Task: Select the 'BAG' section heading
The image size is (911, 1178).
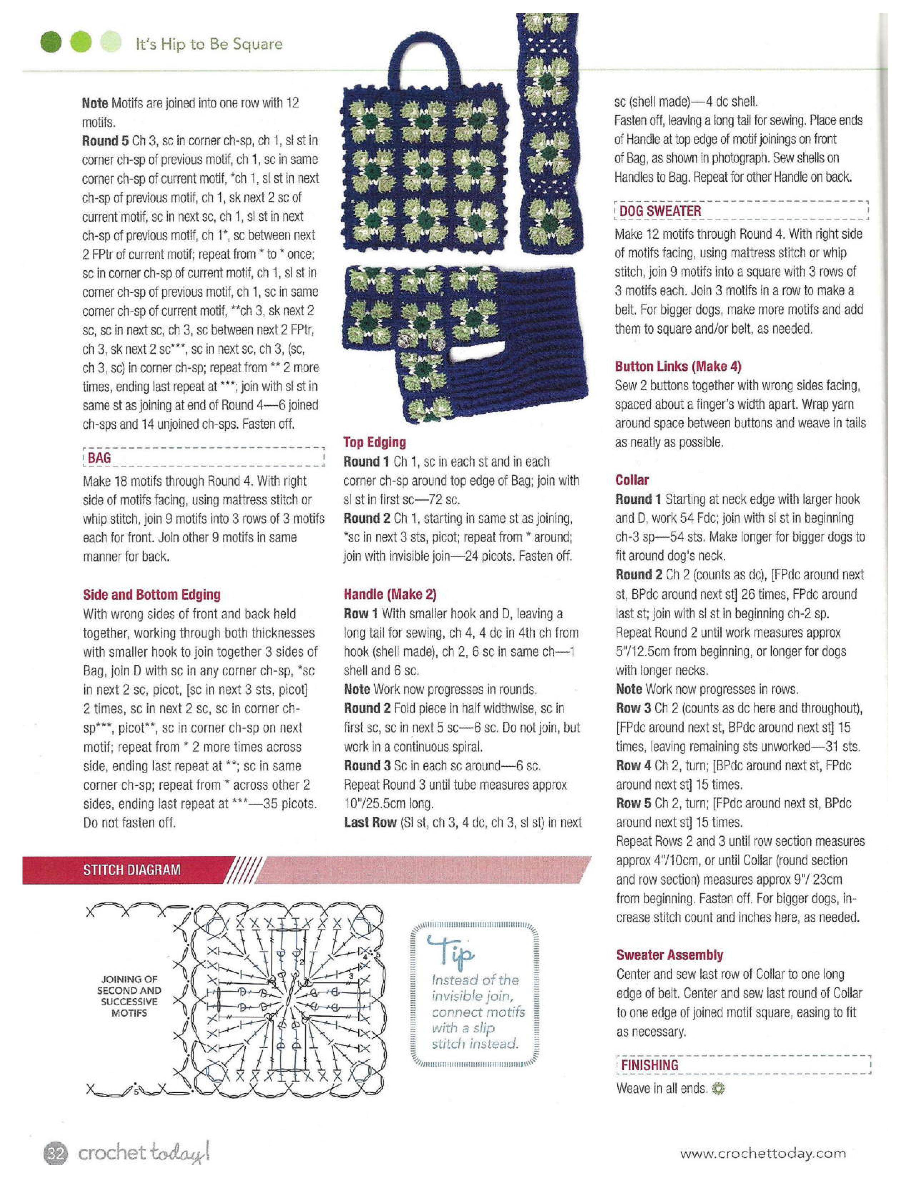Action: (x=99, y=458)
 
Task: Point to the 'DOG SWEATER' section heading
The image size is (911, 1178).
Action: (x=660, y=211)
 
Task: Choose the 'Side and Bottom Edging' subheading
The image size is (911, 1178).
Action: (x=151, y=595)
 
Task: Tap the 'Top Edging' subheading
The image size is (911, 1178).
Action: (x=374, y=442)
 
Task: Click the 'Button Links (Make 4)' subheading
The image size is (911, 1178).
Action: (x=678, y=367)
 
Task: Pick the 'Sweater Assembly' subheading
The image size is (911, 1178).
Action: (x=669, y=955)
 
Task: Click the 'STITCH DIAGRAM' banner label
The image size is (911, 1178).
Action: (x=132, y=870)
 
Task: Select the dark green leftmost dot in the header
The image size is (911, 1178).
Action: (x=52, y=42)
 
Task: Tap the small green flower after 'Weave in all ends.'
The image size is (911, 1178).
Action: (x=718, y=1089)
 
